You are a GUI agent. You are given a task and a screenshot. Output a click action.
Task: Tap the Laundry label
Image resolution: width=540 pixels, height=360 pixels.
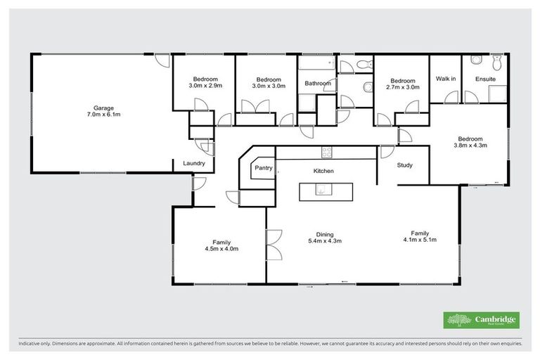(193, 164)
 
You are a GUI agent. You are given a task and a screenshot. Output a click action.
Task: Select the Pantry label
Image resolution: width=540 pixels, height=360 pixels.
(263, 168)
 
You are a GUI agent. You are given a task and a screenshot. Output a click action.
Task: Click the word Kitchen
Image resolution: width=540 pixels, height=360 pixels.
(323, 171)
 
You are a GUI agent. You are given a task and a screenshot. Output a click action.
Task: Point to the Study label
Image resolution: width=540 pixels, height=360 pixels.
(404, 166)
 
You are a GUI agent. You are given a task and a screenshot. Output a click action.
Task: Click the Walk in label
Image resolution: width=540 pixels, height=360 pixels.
(446, 79)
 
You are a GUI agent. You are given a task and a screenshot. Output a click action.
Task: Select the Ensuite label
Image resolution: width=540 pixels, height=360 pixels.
(485, 79)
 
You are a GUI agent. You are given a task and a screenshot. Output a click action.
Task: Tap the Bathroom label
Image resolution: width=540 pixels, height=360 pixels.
(317, 84)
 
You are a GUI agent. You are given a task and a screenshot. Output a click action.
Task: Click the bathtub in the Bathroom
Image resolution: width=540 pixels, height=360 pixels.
(316, 65)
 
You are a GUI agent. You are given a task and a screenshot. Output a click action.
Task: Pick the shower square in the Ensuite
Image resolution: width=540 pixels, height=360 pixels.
(495, 94)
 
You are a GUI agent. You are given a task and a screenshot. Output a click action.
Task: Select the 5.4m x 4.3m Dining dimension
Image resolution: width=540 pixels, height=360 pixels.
(324, 242)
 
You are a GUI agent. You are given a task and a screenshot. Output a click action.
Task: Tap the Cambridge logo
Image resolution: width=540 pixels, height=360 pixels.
(482, 320)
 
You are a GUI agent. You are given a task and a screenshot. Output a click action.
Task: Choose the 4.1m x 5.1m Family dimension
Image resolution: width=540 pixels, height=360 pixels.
(420, 240)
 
